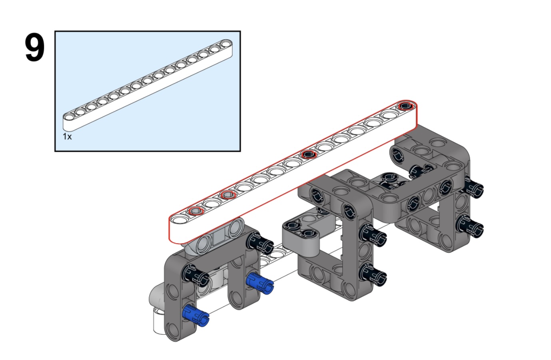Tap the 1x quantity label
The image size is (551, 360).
tap(67, 136)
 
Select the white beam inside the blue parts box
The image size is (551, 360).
tap(148, 85)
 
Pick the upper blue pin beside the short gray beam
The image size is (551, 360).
tap(260, 283)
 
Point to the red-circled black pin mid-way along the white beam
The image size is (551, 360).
tap(309, 154)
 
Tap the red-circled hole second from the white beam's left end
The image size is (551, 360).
tap(196, 211)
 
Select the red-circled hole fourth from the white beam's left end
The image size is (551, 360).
tap(228, 195)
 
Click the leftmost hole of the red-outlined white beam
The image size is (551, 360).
tap(180, 219)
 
